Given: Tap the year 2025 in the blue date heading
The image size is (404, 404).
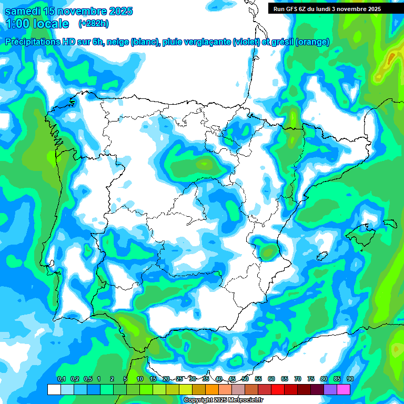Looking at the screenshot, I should click(x=118, y=11).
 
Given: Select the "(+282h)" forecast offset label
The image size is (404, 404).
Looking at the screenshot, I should click(x=94, y=24).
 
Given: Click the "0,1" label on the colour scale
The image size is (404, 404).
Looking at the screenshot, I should click(x=62, y=379).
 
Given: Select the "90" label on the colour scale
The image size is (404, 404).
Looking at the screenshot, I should click(x=350, y=379).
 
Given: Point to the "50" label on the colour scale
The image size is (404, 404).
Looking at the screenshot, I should click(x=245, y=379).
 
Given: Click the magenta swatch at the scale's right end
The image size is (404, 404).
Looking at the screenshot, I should click(x=344, y=389).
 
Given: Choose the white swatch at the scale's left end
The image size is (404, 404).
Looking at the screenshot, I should click(x=54, y=389).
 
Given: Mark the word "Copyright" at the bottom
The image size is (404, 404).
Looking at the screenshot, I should click(x=198, y=400).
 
